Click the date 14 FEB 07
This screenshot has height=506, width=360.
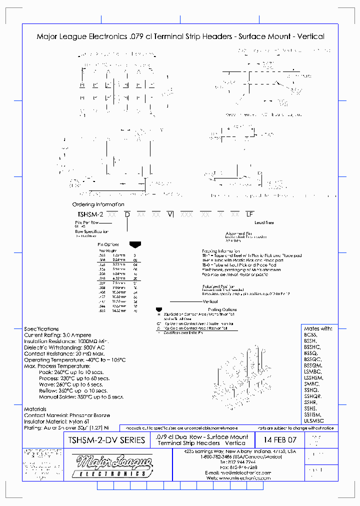276,440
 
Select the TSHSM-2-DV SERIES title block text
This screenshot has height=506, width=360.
105,440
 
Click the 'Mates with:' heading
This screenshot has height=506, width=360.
317,328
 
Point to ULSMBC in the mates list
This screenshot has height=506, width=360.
314,421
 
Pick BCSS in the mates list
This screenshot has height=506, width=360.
310,335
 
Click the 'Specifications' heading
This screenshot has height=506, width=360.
41,328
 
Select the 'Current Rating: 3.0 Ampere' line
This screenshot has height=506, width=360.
57,335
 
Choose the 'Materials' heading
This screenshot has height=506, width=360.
35,409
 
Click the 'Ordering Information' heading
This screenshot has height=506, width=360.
98,205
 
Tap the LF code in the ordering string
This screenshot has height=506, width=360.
250,214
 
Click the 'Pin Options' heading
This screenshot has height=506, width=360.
108,244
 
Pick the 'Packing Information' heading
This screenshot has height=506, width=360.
221,250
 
